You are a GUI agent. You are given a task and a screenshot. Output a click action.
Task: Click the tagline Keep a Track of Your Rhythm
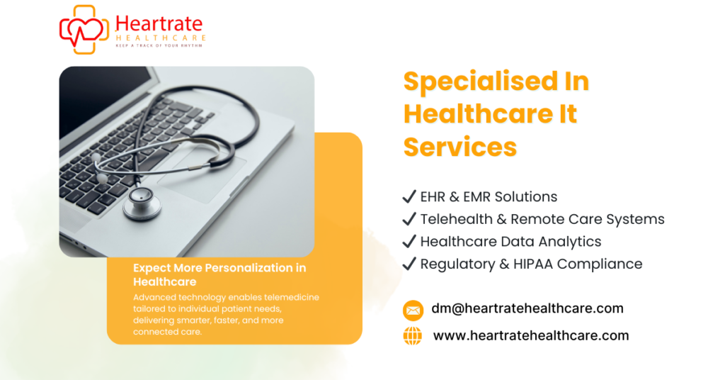160,45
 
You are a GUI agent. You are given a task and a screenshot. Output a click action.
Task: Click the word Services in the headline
460,147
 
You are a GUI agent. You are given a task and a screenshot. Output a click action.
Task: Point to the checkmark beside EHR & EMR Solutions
409,196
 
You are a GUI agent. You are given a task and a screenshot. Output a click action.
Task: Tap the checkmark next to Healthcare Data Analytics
409,242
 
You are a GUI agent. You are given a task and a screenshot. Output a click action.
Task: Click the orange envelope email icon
413,310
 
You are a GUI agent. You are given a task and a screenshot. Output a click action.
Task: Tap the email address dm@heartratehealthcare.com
527,308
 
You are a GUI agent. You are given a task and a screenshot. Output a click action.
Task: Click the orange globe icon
413,336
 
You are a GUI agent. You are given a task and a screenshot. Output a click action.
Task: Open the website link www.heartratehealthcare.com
531,335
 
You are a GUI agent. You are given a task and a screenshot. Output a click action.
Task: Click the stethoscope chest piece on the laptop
142,206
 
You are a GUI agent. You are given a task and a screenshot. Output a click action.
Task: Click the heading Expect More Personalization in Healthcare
219,274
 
